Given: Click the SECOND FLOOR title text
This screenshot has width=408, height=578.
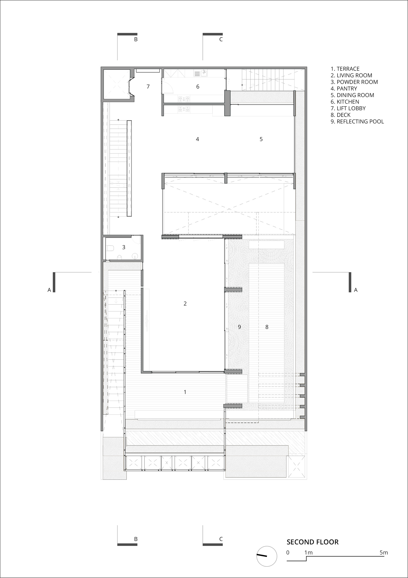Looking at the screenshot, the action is [x=313, y=542].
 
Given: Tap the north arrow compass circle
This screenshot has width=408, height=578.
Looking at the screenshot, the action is [x=266, y=556].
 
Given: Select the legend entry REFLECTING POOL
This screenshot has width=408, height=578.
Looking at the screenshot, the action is [x=357, y=122].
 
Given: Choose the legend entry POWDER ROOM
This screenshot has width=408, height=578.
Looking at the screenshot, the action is [x=354, y=82].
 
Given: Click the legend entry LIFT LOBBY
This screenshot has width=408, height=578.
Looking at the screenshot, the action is [x=348, y=108].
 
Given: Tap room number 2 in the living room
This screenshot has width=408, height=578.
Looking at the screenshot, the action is [x=185, y=304].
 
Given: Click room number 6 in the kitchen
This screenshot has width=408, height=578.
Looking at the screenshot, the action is [x=198, y=87].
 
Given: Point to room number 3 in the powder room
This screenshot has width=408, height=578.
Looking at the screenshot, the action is [x=124, y=247].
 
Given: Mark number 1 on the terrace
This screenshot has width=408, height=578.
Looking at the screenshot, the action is [x=185, y=392].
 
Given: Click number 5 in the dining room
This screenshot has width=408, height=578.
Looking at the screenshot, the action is [x=261, y=139].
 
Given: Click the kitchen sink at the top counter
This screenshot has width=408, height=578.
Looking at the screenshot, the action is [x=201, y=73].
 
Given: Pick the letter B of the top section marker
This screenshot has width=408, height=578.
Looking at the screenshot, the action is [x=136, y=39].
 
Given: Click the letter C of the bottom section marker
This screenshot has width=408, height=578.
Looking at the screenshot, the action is [x=221, y=539].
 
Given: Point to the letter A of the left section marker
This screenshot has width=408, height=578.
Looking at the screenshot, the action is [x=49, y=290].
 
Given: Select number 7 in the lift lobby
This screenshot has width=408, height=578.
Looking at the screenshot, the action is [x=148, y=87].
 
